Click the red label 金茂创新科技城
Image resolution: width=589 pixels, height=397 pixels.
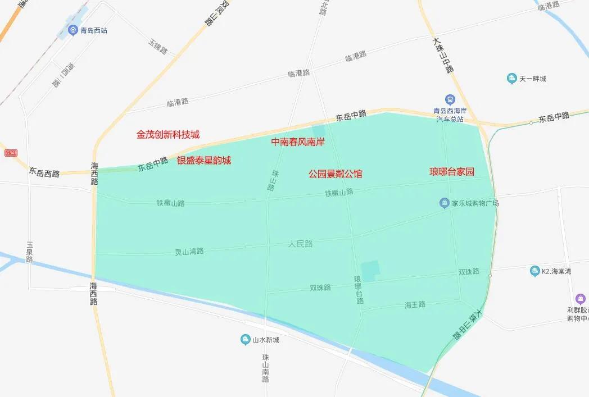pyautogui.click(x=167, y=135)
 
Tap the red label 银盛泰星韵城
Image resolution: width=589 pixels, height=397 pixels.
pyautogui.click(x=204, y=161)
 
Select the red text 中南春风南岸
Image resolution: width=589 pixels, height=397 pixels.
pyautogui.click(x=298, y=142)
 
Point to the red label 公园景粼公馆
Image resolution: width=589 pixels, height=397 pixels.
pyautogui.click(x=335, y=174)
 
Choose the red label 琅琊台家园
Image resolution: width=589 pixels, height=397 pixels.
pyautogui.click(x=452, y=172)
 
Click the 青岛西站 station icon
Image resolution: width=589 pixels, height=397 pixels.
pyautogui.click(x=73, y=30)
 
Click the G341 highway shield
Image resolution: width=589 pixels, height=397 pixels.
pyautogui.click(x=10, y=153)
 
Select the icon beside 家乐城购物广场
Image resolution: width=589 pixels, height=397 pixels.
pyautogui.click(x=444, y=203)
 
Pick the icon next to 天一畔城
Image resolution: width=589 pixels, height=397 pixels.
pyautogui.click(x=511, y=79)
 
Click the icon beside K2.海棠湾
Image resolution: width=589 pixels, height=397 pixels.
pyautogui.click(x=534, y=271)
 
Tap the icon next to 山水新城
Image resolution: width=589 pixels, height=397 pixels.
pyautogui.click(x=245, y=339)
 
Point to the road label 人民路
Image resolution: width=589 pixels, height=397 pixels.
pyautogui.click(x=300, y=244)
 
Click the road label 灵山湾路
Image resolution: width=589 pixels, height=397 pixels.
pyautogui.click(x=189, y=252)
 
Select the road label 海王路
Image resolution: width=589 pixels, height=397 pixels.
pyautogui.click(x=415, y=304)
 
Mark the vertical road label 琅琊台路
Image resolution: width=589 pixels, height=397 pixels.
pyautogui.click(x=358, y=290)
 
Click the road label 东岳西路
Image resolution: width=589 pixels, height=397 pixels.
pyautogui.click(x=44, y=174)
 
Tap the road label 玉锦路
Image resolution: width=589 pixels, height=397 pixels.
pyautogui.click(x=158, y=47)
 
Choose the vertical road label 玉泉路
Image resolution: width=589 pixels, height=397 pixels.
pyautogui.click(x=30, y=252)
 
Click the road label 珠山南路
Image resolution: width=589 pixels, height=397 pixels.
pyautogui.click(x=266, y=368)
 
